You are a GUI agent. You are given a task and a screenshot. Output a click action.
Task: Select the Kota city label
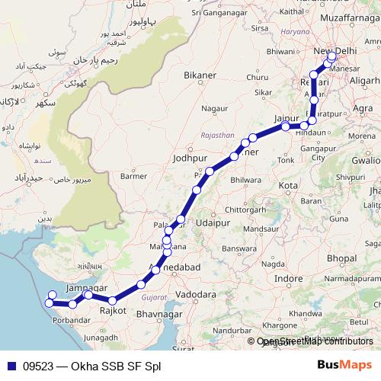[288, 185]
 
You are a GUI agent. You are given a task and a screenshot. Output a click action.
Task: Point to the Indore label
[289, 279]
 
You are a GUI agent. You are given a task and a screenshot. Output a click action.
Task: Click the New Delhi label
[335, 50]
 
